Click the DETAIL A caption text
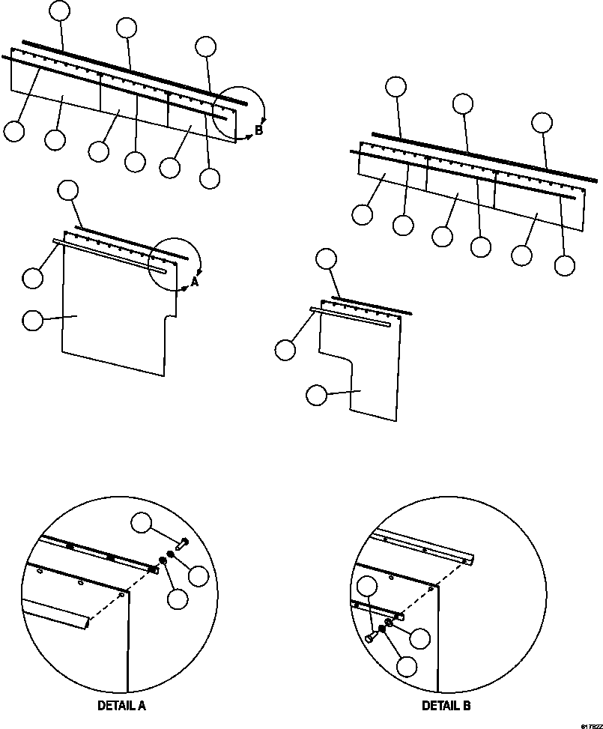click(121, 706)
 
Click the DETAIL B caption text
click(446, 706)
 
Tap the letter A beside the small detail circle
click(195, 282)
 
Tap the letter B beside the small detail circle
click(258, 130)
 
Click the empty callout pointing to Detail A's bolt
click(143, 524)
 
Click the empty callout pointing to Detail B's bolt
click(369, 588)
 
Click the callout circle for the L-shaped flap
click(318, 395)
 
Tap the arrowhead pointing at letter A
click(185, 287)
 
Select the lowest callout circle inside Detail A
click(178, 599)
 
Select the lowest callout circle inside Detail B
click(407, 666)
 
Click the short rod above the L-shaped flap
click(371, 305)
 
